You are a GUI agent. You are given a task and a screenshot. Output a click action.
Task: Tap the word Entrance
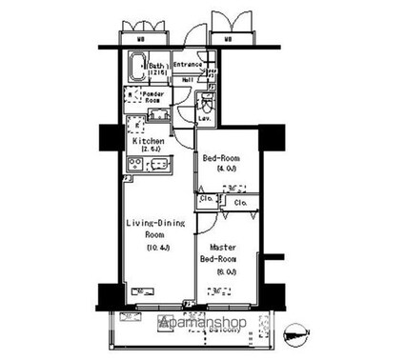pos(187,64)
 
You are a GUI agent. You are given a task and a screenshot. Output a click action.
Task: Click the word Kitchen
pos(148,141)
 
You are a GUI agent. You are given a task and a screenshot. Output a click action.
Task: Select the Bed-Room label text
pos(222,159)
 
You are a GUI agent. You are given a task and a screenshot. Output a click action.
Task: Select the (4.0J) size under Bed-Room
pos(222,170)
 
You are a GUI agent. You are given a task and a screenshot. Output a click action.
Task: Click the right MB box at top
pos(229,39)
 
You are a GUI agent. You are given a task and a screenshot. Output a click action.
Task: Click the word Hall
pos(188,80)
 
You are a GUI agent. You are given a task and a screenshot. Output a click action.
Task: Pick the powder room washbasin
pos(157,115)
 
